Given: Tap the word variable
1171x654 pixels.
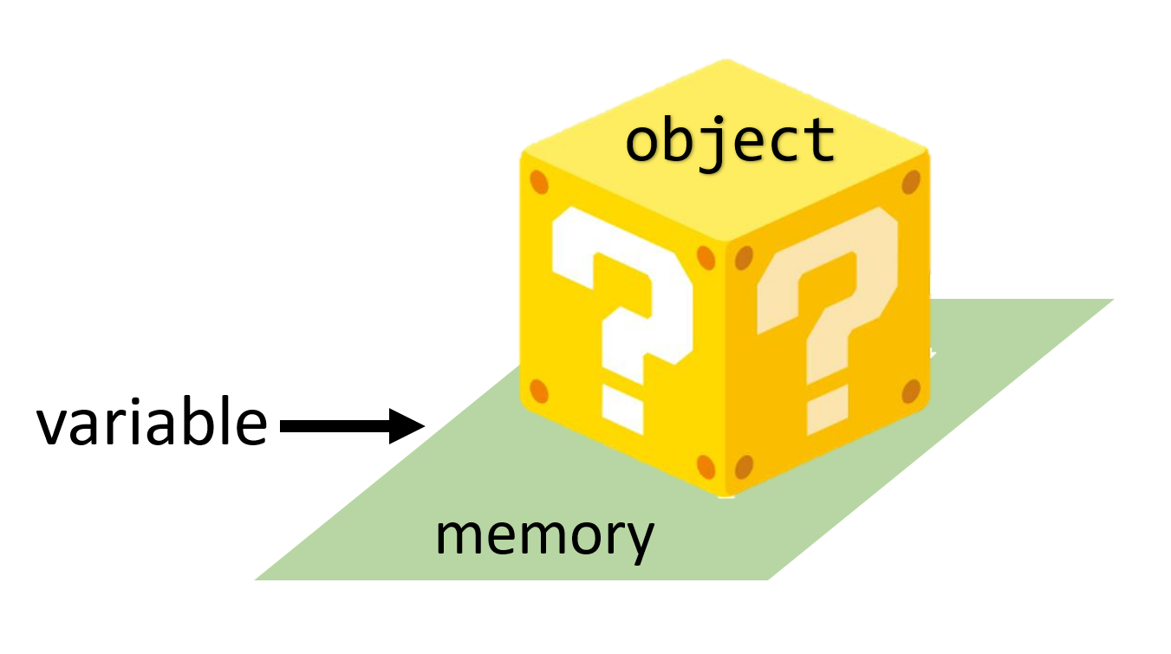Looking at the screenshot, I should (152, 424).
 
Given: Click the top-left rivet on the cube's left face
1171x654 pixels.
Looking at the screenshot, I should (539, 184).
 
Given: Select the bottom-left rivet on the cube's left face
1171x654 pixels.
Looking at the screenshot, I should (539, 391).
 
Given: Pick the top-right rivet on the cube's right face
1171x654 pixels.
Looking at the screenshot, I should (910, 182).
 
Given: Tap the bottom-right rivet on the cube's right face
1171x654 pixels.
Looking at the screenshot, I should (910, 392).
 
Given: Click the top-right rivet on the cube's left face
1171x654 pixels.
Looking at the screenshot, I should (706, 257).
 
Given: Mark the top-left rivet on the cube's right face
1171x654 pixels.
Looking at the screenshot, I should (744, 257).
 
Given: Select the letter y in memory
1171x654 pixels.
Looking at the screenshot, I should (640, 541).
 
